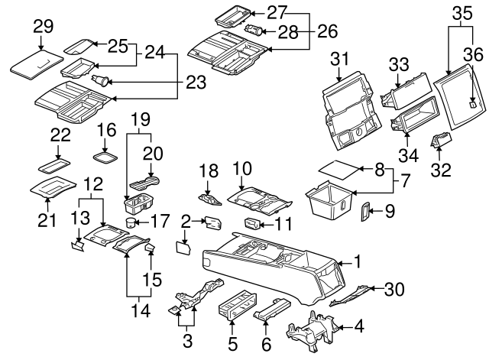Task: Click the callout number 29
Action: tap(43, 27)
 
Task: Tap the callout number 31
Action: tap(339, 58)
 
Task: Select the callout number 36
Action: tap(474, 54)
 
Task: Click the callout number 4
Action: tap(358, 329)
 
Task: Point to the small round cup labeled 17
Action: tap(130, 223)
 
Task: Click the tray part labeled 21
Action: tap(52, 186)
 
